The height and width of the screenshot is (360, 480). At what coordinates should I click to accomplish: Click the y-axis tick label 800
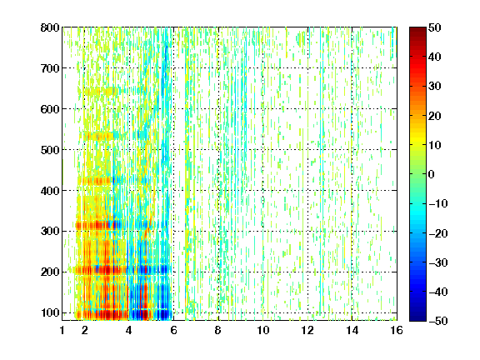point(50,27)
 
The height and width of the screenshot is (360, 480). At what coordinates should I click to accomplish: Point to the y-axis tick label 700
point(50,68)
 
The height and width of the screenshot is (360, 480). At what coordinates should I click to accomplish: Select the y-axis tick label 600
point(50,109)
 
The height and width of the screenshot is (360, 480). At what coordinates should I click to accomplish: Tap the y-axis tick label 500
point(50,150)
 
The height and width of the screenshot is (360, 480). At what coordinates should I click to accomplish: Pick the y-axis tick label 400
point(50,191)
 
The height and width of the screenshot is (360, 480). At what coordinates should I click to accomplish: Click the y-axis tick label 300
point(50,232)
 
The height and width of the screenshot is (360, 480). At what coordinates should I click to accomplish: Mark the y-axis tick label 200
point(50,272)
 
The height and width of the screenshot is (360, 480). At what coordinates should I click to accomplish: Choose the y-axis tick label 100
point(50,313)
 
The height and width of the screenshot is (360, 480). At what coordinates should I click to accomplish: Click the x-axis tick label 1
point(62,330)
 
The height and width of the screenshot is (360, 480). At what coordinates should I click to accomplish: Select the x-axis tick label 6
point(173,330)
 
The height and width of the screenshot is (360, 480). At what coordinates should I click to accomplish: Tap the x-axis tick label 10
point(262,330)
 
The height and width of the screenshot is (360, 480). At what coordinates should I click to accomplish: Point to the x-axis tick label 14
point(352,330)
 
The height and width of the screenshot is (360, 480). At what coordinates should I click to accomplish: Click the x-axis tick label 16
point(397,330)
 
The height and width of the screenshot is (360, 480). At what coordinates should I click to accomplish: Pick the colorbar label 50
point(434,27)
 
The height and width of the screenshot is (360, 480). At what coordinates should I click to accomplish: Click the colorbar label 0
point(432,174)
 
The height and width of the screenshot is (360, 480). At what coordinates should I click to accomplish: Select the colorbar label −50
point(438,321)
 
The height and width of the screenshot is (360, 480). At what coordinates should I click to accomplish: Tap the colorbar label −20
point(438,233)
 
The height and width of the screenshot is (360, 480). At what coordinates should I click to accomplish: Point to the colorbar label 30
point(434,87)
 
